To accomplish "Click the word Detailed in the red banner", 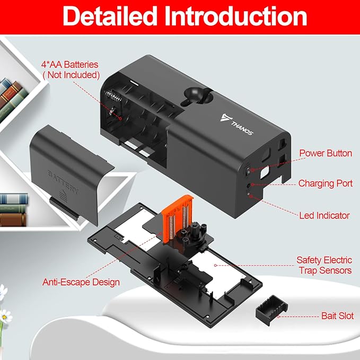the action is click(x=110, y=16).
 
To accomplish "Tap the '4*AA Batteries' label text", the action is click(x=70, y=65).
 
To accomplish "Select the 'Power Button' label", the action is click(x=326, y=153).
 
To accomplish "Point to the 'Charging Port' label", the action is click(x=326, y=183).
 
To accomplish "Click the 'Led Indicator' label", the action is click(x=324, y=215).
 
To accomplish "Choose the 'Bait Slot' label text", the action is click(x=337, y=315).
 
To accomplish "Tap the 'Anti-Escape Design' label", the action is click(x=81, y=282).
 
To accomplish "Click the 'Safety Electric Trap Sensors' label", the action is click(x=324, y=265).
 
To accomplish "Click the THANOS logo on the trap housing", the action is click(x=237, y=124).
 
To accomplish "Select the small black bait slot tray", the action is click(x=271, y=310).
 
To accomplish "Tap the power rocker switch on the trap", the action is click(x=248, y=170).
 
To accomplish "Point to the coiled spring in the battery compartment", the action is click(x=113, y=95).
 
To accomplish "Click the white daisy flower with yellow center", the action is click(x=5, y=317).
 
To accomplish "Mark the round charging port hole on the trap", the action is click(x=249, y=185).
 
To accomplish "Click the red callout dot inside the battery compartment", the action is click(x=120, y=118).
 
